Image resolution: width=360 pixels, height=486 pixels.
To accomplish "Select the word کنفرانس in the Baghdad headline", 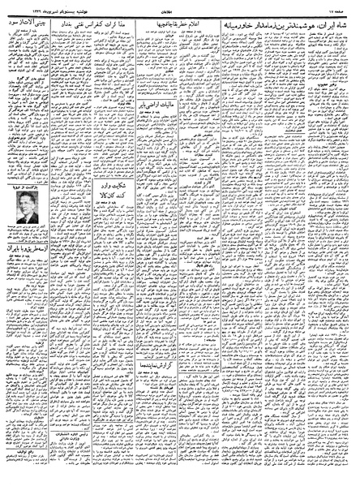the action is point(99,18).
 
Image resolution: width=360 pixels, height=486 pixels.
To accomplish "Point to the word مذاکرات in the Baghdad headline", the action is point(122,18).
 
